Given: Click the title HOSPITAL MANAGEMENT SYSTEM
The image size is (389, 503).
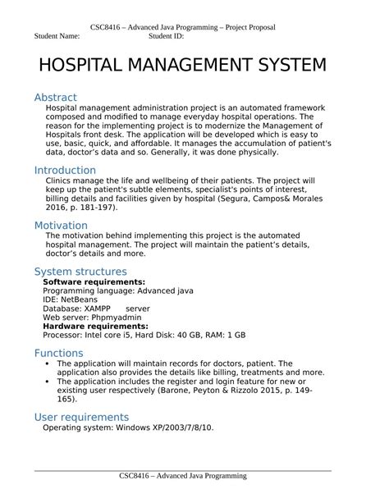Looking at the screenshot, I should pos(182,65).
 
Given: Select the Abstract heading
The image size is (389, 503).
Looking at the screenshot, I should pos(55,98).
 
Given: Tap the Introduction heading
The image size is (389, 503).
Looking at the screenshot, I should pos(65,171).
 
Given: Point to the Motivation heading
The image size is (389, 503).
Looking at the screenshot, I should pos(61,226).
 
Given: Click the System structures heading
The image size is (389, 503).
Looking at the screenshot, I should pos(80,272).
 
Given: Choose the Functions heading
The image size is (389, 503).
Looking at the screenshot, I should pos(58,353).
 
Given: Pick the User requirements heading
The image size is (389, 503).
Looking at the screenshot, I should pos(81,417).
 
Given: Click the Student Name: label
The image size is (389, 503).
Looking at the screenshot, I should pos(57,37).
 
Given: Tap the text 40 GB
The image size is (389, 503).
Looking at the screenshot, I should pos(196,335).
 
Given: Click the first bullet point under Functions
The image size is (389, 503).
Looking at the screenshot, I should pos(47,364).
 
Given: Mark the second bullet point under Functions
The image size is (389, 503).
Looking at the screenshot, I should pos(47,382).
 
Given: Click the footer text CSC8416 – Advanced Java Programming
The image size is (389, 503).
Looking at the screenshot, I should pos(182,476).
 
